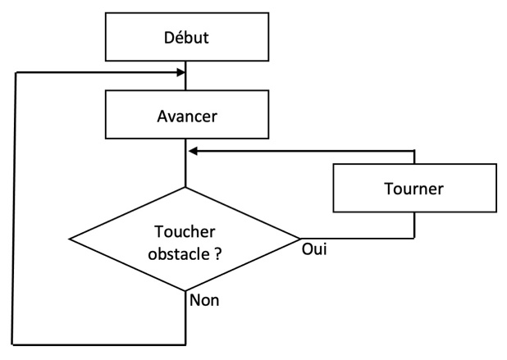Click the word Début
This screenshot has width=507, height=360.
point(186,38)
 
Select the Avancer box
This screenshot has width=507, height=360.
point(187,115)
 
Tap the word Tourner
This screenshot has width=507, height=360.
point(413,189)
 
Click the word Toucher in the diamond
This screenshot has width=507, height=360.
point(185,231)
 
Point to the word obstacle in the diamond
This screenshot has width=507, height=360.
point(179,253)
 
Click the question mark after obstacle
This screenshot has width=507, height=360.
point(218,253)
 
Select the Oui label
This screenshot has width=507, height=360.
point(314,249)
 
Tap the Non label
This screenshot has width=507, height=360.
point(204,300)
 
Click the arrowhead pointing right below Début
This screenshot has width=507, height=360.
point(180,72)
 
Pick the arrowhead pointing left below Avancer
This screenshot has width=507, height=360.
point(193,151)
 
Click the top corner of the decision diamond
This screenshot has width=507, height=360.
point(185,188)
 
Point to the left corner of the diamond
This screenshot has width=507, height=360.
point(70,239)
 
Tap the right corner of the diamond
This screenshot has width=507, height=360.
point(300,239)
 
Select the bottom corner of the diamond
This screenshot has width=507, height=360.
point(185,291)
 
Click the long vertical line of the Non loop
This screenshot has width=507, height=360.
point(14,208)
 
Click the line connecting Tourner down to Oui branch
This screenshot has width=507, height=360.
point(414,226)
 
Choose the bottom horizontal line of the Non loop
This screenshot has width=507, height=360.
point(99,344)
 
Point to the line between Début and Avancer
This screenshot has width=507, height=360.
point(185,75)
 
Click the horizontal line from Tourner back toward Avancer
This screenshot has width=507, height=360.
point(302,151)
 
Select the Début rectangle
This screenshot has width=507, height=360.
point(187,37)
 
